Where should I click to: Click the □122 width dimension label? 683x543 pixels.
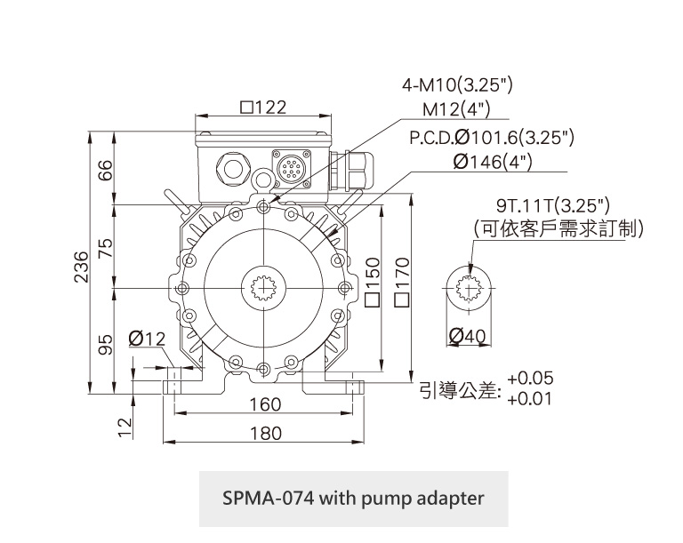coord(263,108)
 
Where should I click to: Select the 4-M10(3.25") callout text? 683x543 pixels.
coord(458,86)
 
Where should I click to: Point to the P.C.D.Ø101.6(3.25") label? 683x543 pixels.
coord(491,138)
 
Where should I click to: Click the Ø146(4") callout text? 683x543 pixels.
coord(492,162)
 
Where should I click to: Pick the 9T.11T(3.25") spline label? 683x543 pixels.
coord(555,205)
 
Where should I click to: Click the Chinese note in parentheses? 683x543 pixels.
coord(558,229)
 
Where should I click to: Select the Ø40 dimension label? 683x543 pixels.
coord(469,336)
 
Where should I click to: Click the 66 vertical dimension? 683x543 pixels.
coord(106,170)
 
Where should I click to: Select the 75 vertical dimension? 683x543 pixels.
coord(106,248)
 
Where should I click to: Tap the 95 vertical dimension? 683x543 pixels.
coord(106,344)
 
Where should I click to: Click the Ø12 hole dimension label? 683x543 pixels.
coord(148,339)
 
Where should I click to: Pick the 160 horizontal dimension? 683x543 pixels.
coord(264,404)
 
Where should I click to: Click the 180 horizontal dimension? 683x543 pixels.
coord(264,433)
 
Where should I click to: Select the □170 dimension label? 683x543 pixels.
coord(402,282)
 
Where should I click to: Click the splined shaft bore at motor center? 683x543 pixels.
coord(263,289)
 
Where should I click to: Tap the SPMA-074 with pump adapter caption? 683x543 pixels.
coord(353,497)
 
